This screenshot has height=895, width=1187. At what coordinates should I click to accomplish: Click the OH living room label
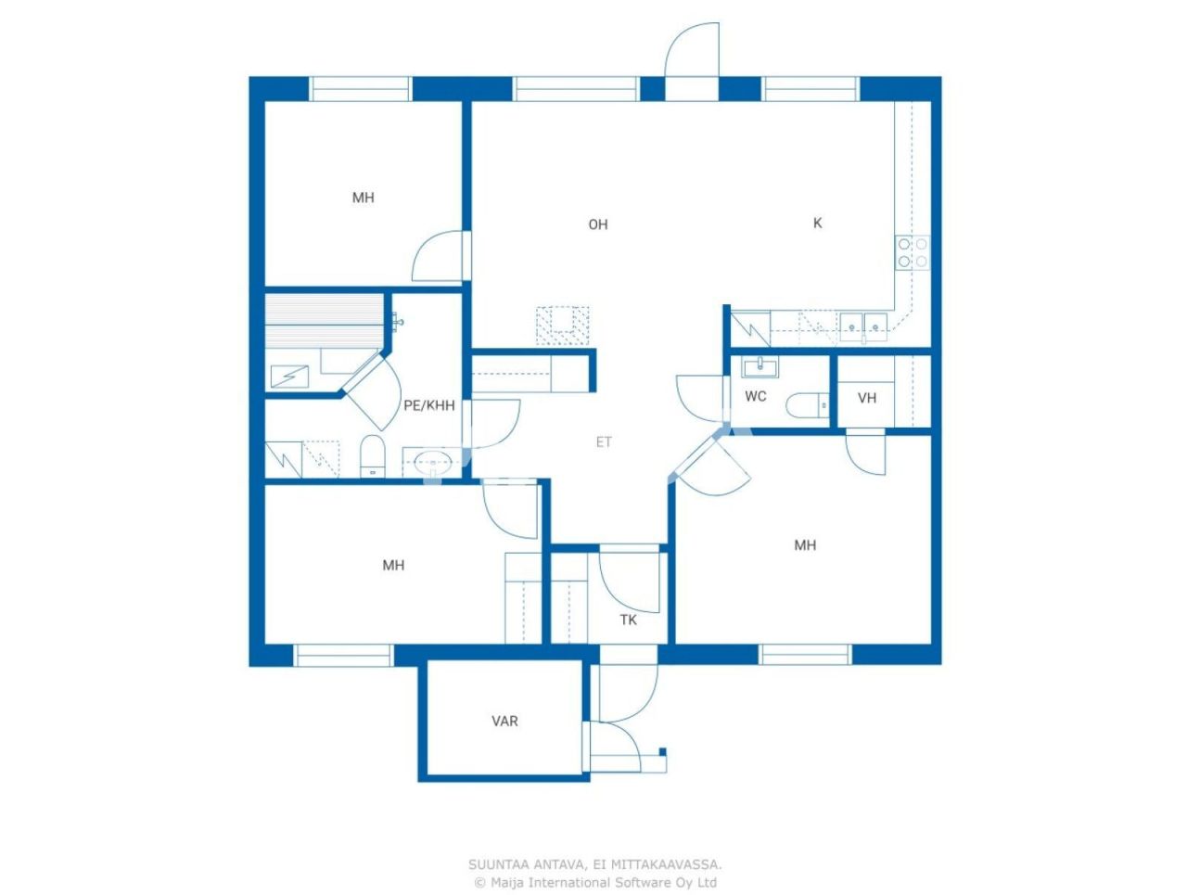tap(598, 224)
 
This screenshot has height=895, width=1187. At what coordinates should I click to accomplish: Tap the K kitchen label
tap(817, 223)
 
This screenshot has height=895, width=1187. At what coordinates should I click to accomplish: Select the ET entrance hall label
tap(604, 442)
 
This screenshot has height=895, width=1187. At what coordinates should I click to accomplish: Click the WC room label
tap(756, 397)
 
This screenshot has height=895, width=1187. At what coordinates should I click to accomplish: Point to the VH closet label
tap(867, 399)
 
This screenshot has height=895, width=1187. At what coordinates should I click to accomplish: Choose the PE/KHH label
tap(429, 405)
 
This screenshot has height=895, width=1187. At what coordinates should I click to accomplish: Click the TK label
tap(629, 620)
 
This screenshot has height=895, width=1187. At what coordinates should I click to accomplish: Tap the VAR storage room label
tap(504, 721)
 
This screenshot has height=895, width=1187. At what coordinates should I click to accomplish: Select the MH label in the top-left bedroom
tap(364, 198)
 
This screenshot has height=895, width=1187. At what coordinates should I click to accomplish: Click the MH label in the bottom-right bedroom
tap(805, 545)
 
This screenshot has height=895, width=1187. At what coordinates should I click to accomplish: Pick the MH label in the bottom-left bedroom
tap(393, 565)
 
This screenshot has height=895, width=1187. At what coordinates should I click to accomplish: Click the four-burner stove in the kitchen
tap(912, 252)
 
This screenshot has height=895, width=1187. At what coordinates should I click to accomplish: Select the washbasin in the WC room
tap(760, 367)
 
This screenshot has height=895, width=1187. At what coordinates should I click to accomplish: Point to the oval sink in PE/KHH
tap(431, 461)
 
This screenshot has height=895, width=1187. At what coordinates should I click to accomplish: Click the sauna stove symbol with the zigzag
tap(291, 376)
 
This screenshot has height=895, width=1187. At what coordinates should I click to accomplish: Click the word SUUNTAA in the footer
tap(499, 864)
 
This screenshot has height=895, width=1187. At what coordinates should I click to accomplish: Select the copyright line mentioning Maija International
tap(594, 882)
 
